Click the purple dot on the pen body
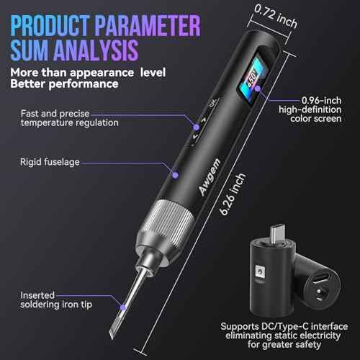tap(174, 173)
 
